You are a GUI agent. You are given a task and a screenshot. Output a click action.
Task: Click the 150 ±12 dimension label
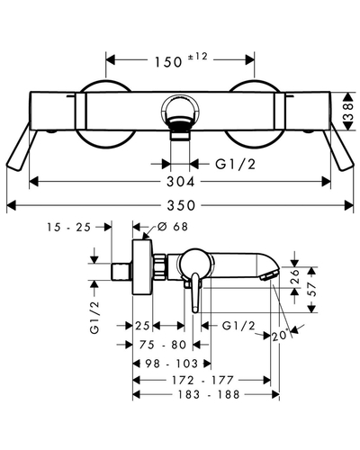(181, 60)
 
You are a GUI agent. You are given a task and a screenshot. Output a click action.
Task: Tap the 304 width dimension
(181, 182)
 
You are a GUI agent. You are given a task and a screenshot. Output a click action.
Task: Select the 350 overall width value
(181, 205)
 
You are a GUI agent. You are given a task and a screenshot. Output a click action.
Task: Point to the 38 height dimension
(349, 112)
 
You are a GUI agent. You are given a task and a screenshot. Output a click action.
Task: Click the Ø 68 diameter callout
(173, 227)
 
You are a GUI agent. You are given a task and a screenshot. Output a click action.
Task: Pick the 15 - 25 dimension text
(68, 227)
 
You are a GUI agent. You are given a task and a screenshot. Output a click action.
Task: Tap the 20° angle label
(281, 336)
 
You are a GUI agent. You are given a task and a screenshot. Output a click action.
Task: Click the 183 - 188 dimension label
(209, 394)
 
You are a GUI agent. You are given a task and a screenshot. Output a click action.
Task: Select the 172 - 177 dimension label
(202, 380)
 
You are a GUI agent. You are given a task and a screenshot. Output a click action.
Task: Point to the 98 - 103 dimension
(172, 364)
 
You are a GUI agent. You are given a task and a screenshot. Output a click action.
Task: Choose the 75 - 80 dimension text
(163, 345)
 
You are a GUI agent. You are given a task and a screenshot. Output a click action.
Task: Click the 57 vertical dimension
(312, 289)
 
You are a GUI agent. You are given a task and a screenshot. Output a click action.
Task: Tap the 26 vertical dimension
(295, 276)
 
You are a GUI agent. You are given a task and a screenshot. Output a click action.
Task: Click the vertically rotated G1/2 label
(94, 317)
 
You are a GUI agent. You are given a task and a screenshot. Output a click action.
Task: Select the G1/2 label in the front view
(236, 164)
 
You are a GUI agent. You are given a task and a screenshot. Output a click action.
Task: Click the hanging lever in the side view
(195, 293)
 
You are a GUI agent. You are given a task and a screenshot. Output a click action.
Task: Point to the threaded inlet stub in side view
(121, 273)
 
